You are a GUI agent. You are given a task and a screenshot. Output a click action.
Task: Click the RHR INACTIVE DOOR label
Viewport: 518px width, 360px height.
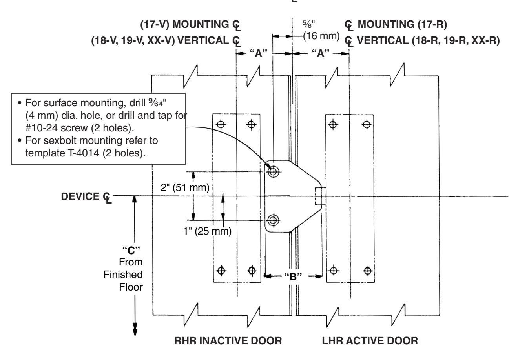click(x=228, y=341)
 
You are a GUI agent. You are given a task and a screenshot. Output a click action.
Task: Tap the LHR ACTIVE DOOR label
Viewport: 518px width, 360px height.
click(x=370, y=341)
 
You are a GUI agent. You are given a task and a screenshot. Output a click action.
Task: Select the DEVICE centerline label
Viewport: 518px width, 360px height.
click(x=86, y=197)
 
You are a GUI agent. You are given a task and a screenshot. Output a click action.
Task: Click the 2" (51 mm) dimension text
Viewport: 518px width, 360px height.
click(x=185, y=187)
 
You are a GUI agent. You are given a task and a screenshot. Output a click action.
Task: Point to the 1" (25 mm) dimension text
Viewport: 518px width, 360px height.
click(x=207, y=231)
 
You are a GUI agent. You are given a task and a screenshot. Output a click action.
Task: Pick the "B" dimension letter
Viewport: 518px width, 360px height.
click(x=293, y=276)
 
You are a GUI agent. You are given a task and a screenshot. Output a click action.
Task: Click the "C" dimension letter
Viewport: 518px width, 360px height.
click(x=131, y=250)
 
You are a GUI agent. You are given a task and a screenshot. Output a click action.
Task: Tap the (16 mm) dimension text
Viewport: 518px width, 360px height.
click(x=321, y=36)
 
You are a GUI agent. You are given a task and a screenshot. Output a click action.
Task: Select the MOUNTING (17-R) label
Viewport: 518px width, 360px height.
click(x=402, y=24)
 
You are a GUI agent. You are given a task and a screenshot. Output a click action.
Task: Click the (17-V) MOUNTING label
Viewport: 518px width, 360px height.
click(x=184, y=24)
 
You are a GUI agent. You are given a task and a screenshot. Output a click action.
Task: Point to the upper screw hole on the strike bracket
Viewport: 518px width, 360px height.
click(x=273, y=172)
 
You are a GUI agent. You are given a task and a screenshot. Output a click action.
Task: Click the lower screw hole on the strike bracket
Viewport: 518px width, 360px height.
click(x=273, y=220)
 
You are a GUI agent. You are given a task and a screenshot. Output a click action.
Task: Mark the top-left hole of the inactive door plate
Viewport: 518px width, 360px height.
click(x=221, y=125)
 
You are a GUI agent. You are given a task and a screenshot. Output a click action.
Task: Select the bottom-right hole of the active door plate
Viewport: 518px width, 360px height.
click(x=367, y=271)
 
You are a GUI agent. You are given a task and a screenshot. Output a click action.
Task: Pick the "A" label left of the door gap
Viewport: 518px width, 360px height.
click(x=259, y=53)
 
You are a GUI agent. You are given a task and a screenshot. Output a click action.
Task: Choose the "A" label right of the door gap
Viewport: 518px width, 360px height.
click(x=321, y=53)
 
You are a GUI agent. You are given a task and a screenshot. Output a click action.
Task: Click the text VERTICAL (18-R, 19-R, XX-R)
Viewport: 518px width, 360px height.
click(x=428, y=41)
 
